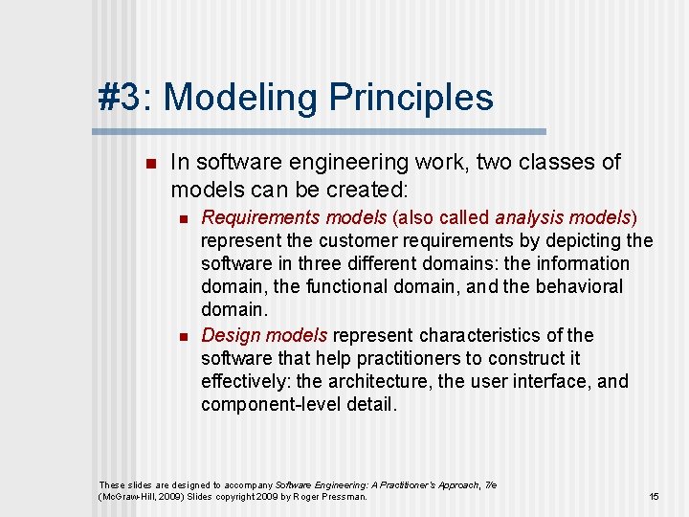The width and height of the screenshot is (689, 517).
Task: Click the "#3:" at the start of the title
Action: pyautogui.click(x=125, y=98)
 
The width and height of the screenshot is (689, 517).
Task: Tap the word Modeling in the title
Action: pyautogui.click(x=241, y=98)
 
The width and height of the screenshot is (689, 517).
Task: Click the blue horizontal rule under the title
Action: pyautogui.click(x=322, y=131)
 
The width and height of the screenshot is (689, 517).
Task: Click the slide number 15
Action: pyautogui.click(x=655, y=497)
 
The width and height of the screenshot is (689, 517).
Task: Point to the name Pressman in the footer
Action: pyautogui.click(x=344, y=497)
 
